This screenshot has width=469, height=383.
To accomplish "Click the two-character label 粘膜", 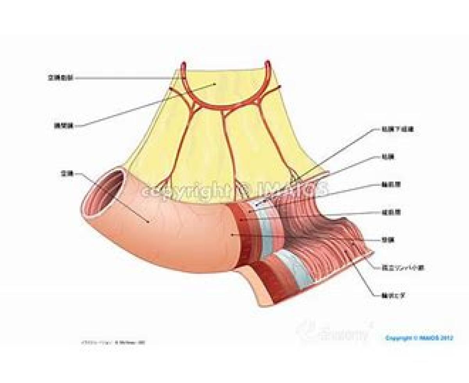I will [386, 157].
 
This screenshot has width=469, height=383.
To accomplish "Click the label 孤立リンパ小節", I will [402, 268].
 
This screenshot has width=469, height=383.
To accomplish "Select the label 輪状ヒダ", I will [390, 296].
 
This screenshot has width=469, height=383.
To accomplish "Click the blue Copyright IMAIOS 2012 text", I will [419, 338].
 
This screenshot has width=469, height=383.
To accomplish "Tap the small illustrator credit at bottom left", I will [113, 342].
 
